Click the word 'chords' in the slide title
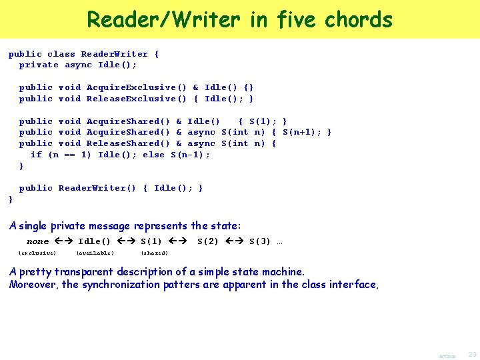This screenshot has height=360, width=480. (359, 19)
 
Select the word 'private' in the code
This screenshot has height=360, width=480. (39, 65)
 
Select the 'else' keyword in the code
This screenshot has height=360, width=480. (153, 155)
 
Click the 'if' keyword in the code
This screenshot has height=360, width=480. (36, 155)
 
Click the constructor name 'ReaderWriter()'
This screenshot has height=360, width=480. (97, 188)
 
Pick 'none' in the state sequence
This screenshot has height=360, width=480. (38, 241)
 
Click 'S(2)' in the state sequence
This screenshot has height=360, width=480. (208, 241)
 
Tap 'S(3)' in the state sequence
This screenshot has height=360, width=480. (260, 241)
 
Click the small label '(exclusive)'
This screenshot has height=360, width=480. (37, 253)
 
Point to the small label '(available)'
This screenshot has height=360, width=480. (95, 253)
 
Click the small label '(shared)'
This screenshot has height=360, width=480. (154, 253)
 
